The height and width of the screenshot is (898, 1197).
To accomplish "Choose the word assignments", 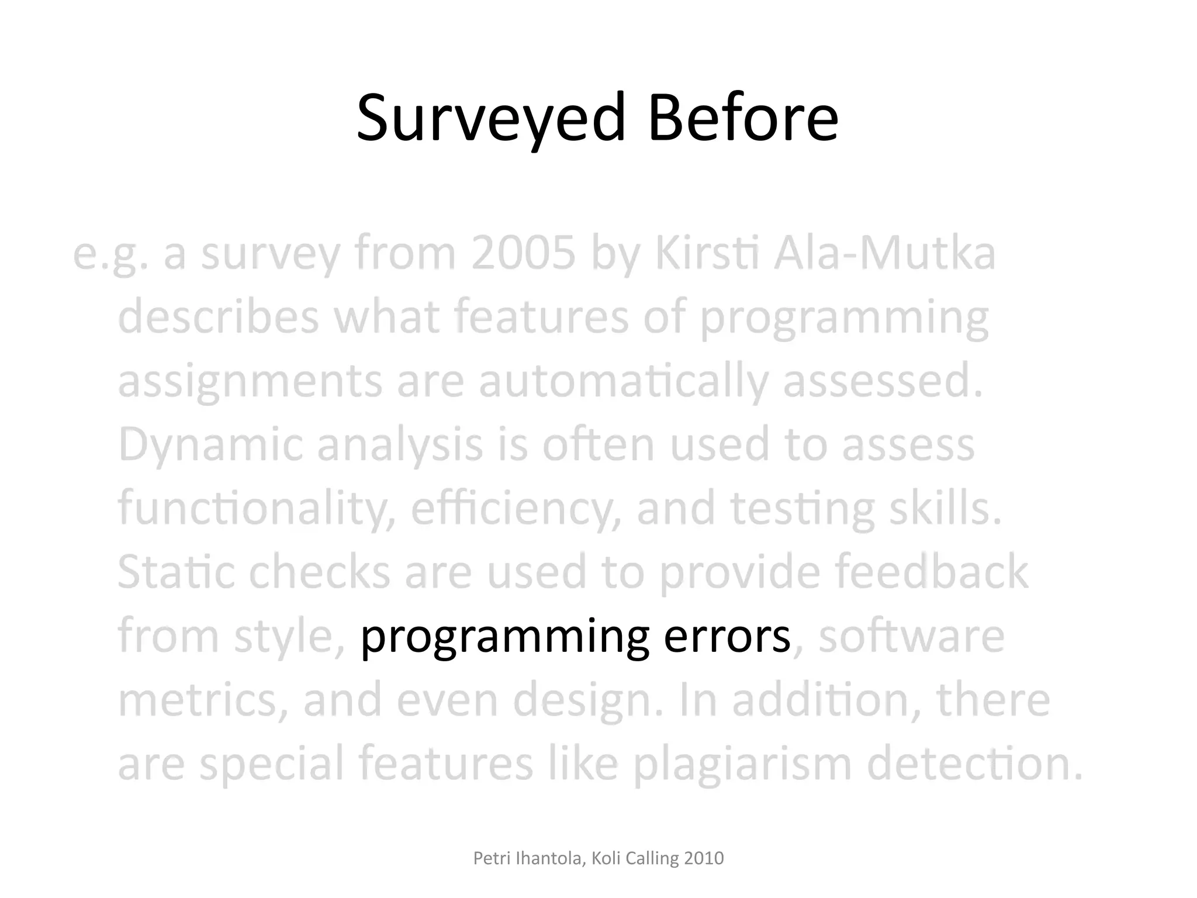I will pos(250,382).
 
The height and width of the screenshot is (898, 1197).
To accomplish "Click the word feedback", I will pos(931,572).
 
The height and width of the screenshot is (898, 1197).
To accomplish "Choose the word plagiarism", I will pos(742,764).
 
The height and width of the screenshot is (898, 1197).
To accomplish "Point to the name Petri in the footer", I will pos(488,858).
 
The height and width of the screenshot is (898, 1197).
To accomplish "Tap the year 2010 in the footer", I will pos(704,858).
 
